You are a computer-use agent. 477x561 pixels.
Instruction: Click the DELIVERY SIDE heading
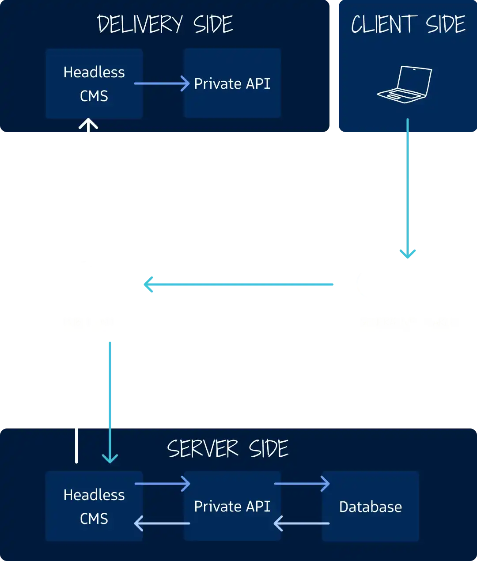click(165, 24)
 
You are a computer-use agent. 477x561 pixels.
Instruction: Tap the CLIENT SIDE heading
click(408, 24)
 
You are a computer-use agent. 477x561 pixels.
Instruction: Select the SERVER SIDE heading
click(227, 449)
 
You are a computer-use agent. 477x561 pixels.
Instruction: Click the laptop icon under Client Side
click(405, 84)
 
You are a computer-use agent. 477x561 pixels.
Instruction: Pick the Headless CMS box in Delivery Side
click(94, 83)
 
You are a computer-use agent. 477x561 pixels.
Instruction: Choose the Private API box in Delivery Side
click(232, 83)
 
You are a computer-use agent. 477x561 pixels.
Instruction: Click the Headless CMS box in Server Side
click(94, 506)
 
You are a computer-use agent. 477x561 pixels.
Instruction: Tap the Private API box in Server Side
click(232, 506)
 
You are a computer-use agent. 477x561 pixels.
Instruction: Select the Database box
click(370, 507)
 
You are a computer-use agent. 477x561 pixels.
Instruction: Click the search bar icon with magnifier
click(408, 283)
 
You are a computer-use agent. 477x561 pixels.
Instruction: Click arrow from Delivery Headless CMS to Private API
click(162, 83)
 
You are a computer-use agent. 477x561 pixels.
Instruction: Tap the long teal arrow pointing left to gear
click(238, 284)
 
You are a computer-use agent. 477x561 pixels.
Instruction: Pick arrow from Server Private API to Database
click(302, 484)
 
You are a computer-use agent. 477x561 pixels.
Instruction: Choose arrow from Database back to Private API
click(302, 523)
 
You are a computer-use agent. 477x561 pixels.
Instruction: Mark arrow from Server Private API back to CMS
click(162, 523)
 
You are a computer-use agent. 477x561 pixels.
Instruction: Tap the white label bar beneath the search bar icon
click(408, 323)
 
